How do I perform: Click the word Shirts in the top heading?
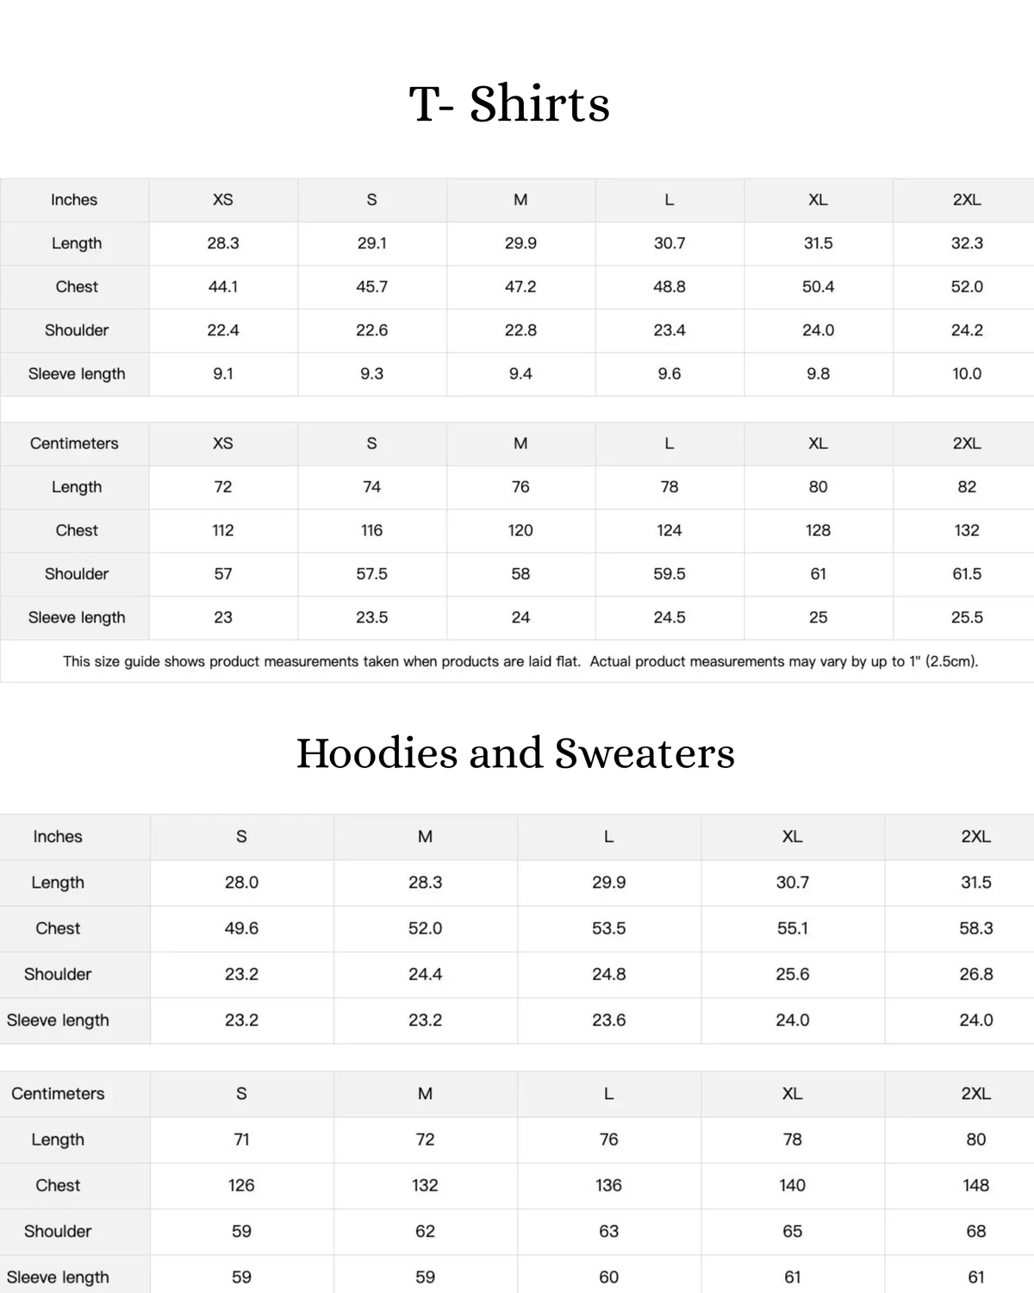539,104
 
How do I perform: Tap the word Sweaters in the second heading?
645,753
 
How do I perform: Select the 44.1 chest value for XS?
223,287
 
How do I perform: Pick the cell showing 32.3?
967,243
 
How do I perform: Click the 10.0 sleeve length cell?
967,374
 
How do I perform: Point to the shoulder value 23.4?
670,330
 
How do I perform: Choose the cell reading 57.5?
371,574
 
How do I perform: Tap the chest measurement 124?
670,530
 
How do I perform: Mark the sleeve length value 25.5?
967,617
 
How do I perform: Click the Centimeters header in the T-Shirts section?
74,444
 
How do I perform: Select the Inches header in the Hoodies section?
58,837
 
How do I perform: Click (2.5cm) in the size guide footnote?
951,662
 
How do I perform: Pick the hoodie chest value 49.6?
241,928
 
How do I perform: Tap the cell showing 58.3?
975,928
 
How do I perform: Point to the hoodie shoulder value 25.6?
792,974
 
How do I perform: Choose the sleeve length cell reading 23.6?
608,1020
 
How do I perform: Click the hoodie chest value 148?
975,1185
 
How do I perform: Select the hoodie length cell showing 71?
241,1140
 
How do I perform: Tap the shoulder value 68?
975,1231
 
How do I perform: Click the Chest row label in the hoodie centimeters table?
58,1185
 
